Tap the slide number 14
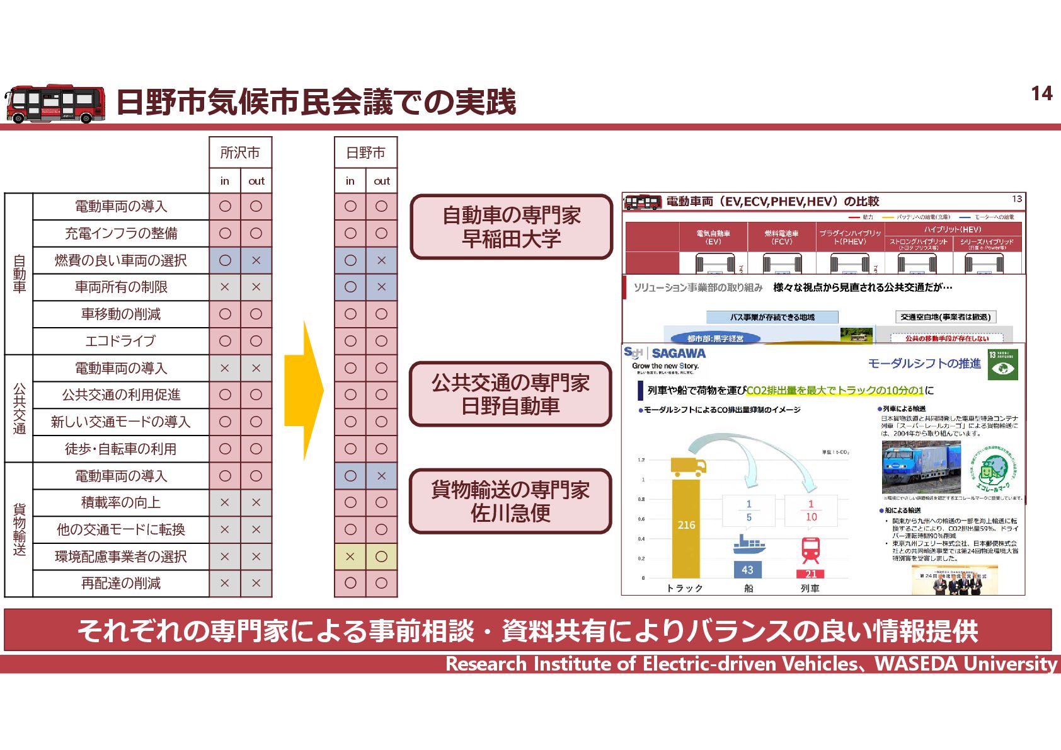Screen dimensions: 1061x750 point(1041,94)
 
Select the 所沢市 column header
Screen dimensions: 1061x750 point(240,153)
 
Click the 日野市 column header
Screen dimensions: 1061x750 point(365,153)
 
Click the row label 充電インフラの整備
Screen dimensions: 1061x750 point(121,233)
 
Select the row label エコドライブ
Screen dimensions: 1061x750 point(121,341)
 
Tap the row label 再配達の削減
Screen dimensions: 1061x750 point(121,584)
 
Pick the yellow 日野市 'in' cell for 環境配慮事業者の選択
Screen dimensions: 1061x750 point(350,557)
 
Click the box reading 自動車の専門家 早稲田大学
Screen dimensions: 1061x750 point(511,227)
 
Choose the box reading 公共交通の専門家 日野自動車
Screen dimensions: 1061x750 point(511,394)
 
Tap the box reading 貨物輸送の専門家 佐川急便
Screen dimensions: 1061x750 point(511,501)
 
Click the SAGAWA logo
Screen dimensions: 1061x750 point(678,354)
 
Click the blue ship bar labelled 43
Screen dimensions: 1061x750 point(747,570)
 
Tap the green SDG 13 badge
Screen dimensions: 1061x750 point(1002,365)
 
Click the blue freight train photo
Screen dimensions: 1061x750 point(920,466)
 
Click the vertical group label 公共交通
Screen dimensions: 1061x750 point(19,408)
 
